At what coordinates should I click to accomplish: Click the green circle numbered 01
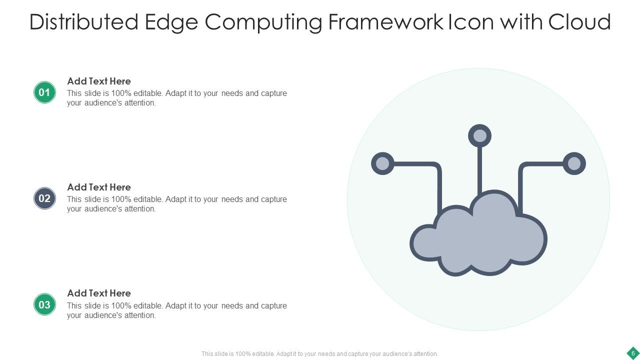(x=44, y=92)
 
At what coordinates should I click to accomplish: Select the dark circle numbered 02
(x=44, y=198)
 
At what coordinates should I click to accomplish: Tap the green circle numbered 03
(x=44, y=304)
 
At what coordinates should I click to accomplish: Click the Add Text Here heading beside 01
(x=99, y=81)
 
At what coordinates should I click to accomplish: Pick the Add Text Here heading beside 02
(x=99, y=187)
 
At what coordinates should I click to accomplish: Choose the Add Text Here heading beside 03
(x=99, y=293)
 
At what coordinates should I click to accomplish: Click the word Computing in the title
(x=264, y=22)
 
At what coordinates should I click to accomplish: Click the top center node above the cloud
(x=479, y=136)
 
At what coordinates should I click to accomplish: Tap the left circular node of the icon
(x=382, y=163)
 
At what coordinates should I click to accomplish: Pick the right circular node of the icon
(x=574, y=163)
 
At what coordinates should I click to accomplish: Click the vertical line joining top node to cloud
(x=479, y=170)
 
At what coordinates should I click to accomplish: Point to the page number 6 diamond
(x=632, y=353)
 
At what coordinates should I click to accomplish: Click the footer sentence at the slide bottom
(x=319, y=353)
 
